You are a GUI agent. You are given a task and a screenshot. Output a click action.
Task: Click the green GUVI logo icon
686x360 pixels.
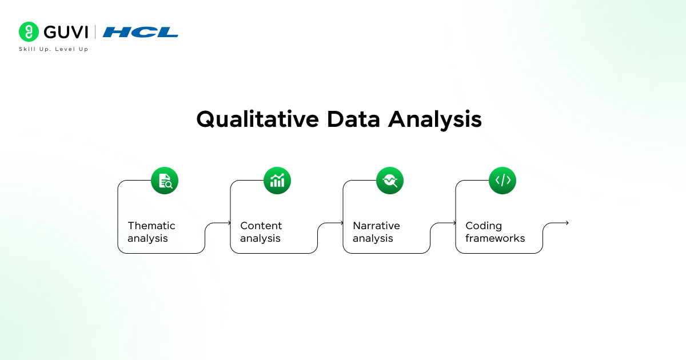[29, 32]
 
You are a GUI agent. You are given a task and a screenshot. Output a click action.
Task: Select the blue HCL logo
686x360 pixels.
[141, 32]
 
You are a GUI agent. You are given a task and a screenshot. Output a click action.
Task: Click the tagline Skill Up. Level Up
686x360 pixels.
[54, 49]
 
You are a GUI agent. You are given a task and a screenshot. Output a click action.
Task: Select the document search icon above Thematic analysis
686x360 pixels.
[165, 181]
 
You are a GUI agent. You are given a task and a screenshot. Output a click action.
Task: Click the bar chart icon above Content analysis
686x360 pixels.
[277, 181]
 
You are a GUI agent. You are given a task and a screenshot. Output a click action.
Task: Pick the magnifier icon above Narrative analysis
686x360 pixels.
[390, 181]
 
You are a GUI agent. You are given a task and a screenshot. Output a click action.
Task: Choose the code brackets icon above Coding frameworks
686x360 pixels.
[502, 181]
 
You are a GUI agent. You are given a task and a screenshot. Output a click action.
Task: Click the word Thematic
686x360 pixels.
[151, 226]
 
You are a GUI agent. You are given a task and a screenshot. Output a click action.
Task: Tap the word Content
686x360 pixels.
[261, 226]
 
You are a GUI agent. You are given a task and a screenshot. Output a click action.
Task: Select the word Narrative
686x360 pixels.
[376, 226]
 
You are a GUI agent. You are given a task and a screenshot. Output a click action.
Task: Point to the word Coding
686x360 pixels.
[484, 226]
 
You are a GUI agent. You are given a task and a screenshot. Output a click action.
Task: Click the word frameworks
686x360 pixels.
[495, 238]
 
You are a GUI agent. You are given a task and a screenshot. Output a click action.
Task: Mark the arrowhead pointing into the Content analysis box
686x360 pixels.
[229, 223]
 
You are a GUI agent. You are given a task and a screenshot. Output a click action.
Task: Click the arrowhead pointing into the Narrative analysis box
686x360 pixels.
[341, 223]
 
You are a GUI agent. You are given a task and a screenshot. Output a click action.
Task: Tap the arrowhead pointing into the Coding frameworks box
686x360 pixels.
[454, 223]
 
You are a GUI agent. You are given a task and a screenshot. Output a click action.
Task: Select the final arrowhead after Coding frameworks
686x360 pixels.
[567, 223]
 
